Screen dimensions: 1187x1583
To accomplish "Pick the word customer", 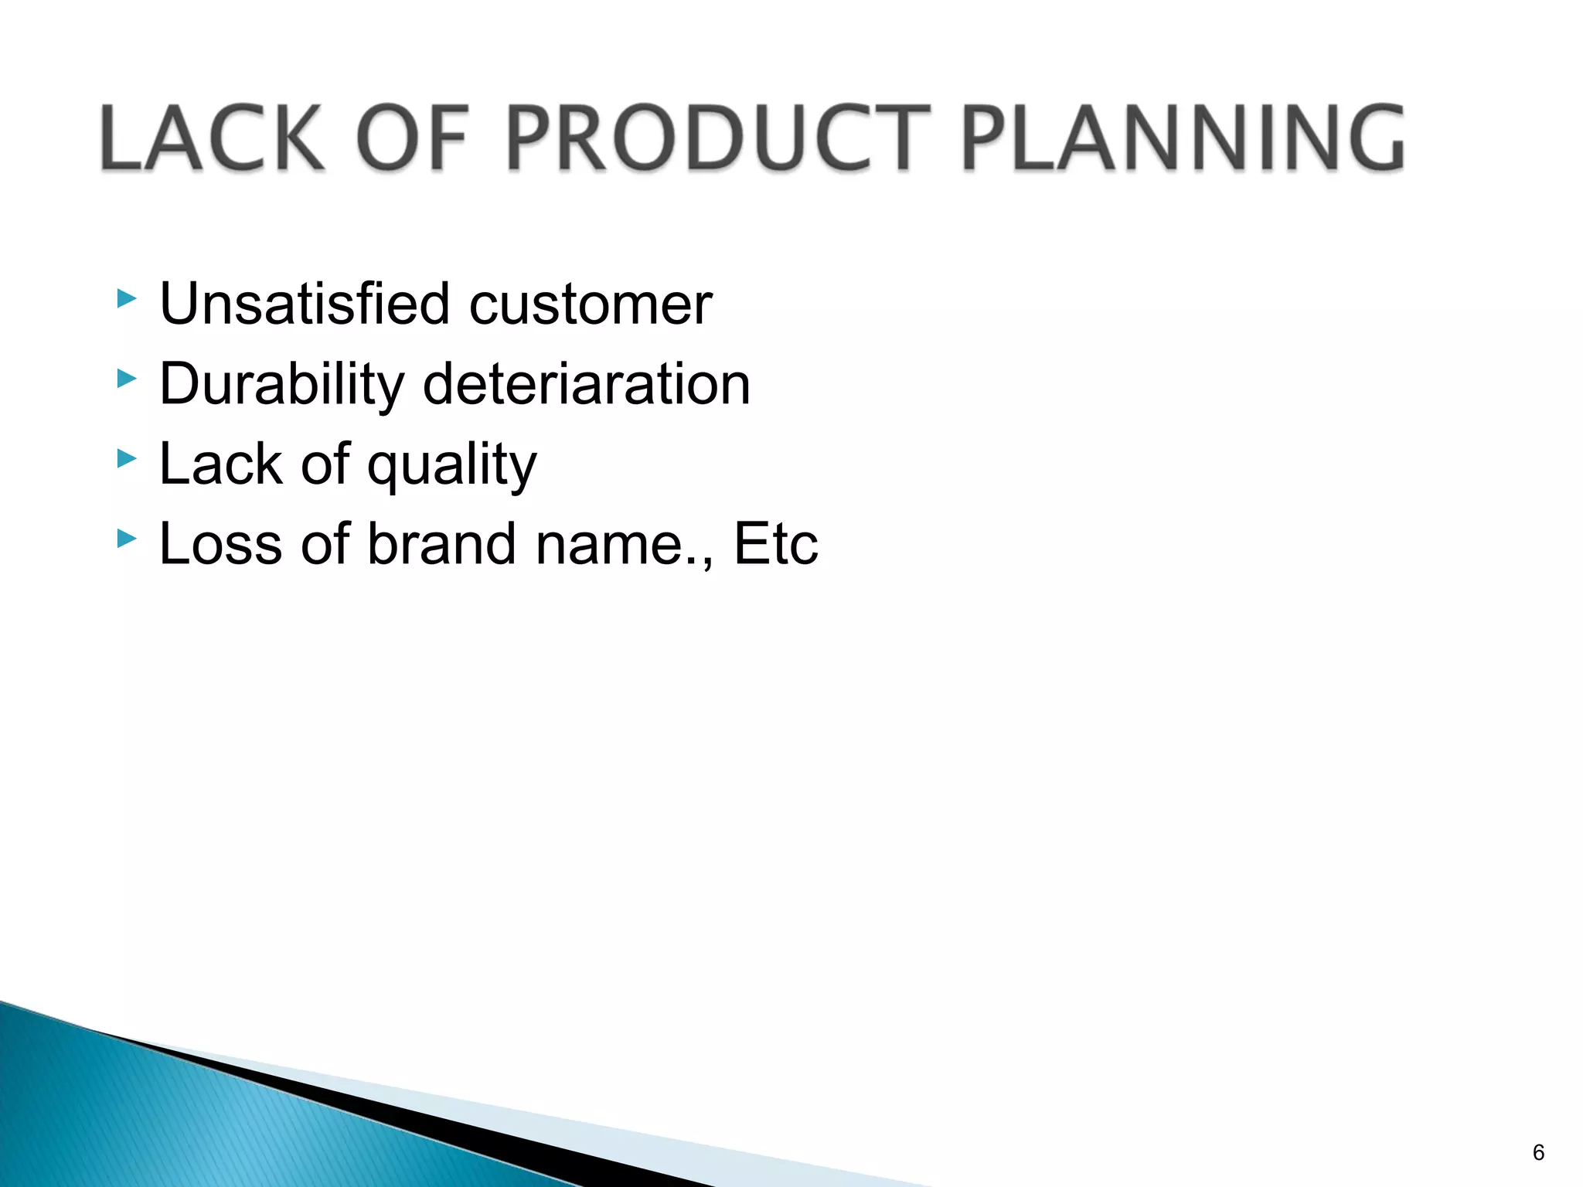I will pos(591,305).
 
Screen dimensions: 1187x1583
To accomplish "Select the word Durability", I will pos(281,384).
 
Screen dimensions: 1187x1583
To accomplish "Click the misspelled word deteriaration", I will pos(587,384).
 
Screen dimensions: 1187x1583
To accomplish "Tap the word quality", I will pos(451,466).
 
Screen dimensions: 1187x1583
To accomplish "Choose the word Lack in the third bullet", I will pos(220,464).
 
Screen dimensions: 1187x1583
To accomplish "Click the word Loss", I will pos(220,544).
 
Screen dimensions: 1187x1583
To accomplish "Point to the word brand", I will pos(441,544).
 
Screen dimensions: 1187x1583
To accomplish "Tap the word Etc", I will pos(775,544).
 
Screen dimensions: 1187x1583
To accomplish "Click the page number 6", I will pos(1538,1152).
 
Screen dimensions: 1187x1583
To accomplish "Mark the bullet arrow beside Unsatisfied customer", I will pos(127,299).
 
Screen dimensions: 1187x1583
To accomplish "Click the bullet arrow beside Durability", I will pos(127,379).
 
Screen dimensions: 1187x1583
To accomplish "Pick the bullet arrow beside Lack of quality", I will pos(127,459).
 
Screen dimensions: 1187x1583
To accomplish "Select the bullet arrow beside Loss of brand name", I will pos(127,539).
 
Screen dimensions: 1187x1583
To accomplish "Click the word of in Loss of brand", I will pos(325,544).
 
